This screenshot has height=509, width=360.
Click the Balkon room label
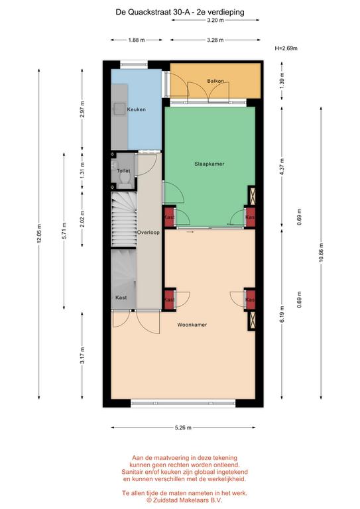(x=215, y=81)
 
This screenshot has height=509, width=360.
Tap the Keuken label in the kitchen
(x=137, y=109)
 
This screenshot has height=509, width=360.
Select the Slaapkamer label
(x=210, y=164)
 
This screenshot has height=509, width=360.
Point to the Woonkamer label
(x=192, y=325)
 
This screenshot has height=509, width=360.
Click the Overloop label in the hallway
(x=148, y=233)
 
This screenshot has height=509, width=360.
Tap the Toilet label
(x=123, y=171)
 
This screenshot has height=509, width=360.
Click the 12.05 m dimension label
(x=39, y=234)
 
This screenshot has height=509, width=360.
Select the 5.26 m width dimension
(x=184, y=427)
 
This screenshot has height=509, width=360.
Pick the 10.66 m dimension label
(x=321, y=253)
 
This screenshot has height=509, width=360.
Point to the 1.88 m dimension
(x=137, y=40)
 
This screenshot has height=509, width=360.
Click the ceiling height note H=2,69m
(x=286, y=48)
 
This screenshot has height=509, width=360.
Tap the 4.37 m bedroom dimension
(x=282, y=167)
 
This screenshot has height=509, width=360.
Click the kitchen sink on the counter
(x=119, y=109)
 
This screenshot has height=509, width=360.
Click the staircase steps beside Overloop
(x=124, y=219)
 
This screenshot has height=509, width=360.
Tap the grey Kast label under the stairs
(x=121, y=298)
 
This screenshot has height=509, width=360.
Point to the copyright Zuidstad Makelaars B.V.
(x=184, y=500)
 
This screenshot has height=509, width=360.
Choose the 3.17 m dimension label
(x=82, y=355)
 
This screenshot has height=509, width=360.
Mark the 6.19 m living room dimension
(x=282, y=314)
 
